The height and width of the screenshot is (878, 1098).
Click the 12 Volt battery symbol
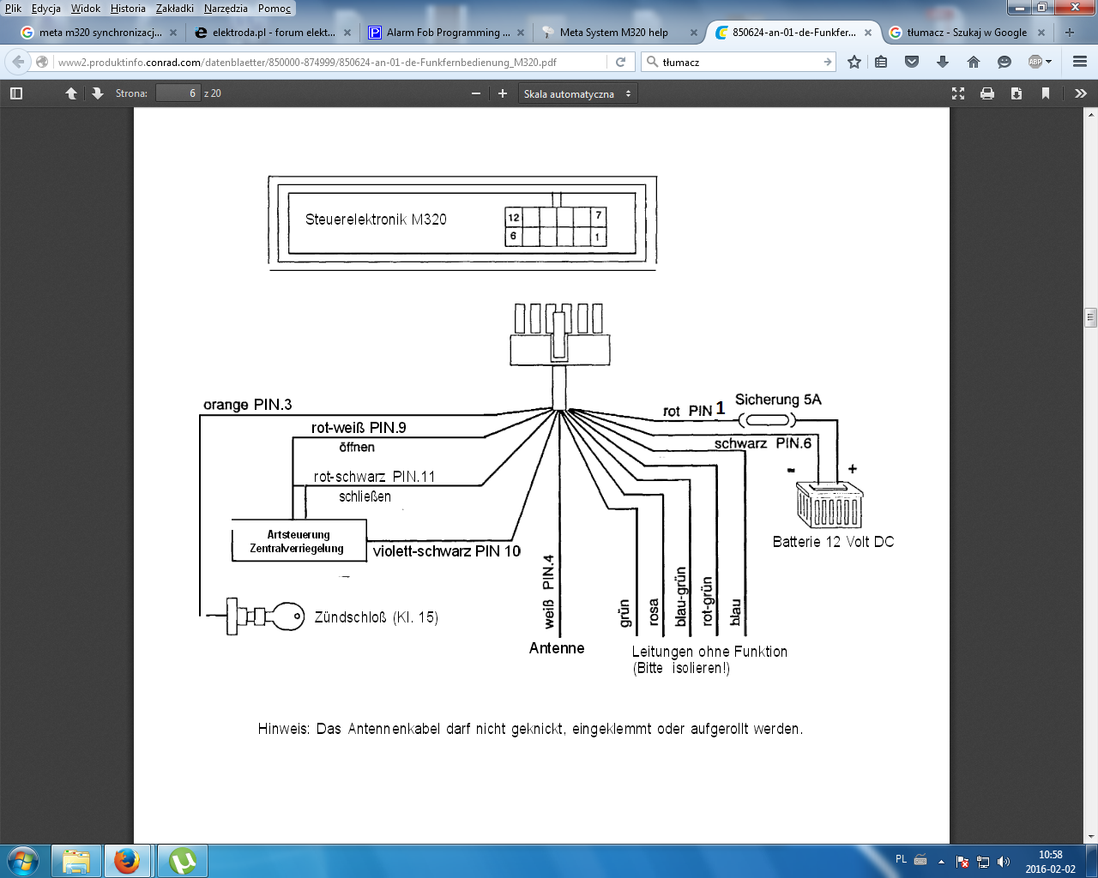829,505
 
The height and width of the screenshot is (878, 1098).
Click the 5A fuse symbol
768,420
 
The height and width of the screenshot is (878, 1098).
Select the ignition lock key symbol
266,616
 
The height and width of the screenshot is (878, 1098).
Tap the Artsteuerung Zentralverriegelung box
298,541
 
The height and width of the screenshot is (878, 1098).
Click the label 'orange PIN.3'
247,405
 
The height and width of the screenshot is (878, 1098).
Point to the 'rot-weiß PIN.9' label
359,428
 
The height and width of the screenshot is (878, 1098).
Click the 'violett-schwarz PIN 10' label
446,551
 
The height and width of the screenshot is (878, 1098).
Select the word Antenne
557,648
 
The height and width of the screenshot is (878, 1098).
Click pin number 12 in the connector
514,217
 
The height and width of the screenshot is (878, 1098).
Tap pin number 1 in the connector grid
598,236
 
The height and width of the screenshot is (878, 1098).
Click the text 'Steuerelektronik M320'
376,219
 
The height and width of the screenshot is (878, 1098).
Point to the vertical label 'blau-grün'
681,596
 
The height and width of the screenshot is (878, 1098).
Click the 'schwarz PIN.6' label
763,443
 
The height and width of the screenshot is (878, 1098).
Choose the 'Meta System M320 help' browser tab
613,33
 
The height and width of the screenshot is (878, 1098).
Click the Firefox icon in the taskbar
127,860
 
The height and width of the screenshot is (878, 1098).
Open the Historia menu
128,9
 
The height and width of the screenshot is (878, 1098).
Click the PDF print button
987,93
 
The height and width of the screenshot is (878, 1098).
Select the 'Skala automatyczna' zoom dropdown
577,93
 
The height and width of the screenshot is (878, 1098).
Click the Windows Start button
23,860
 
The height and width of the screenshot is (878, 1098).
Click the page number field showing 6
178,93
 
